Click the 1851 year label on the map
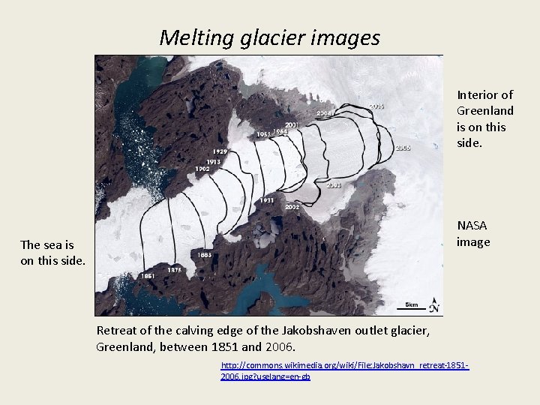click(x=148, y=276)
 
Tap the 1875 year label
click(x=173, y=269)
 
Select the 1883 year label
click(x=205, y=255)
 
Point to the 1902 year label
click(x=202, y=169)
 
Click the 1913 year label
click(x=214, y=161)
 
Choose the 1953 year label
click(x=264, y=134)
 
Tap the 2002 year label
click(x=292, y=206)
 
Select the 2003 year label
click(x=334, y=184)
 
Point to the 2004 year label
click(x=325, y=113)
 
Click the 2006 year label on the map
click(x=403, y=148)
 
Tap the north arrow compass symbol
click(x=434, y=305)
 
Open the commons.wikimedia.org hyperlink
click(x=344, y=370)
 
